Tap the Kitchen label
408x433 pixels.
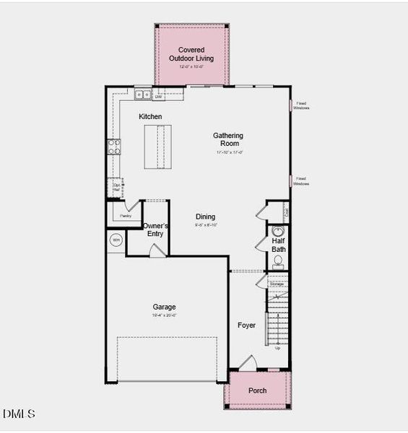coord(150,116)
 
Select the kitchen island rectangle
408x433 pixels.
coord(157,146)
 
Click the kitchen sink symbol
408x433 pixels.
coord(143,94)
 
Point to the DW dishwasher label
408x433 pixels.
coord(157,96)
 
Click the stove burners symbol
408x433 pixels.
coord(114,147)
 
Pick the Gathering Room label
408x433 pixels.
coord(228,139)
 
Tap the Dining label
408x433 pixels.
coord(206,216)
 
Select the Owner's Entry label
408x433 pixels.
coord(156,229)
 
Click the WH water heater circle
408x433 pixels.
coord(116,240)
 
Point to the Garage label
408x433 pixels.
coord(164,307)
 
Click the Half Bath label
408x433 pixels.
coord(279,245)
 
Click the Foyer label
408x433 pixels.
coord(247,325)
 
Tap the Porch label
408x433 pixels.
coord(258,390)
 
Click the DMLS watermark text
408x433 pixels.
coord(19,414)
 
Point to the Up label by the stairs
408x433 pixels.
coord(278,348)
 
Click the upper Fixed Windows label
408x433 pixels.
coord(301,107)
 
